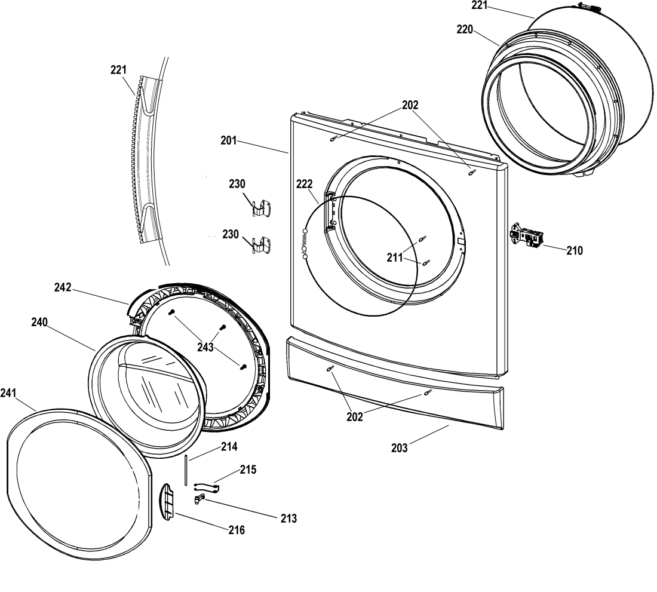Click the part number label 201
tap(229, 141)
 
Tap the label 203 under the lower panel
tap(400, 448)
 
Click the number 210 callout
tap(575, 250)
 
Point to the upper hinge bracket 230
tap(262, 208)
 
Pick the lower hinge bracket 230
tap(262, 245)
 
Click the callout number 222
tap(305, 184)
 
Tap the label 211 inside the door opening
tap(395, 257)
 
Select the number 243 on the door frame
tap(205, 347)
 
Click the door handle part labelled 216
tap(168, 502)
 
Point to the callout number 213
tap(288, 519)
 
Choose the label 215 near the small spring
tap(248, 470)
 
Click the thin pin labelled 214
tap(185, 470)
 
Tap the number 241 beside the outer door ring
tap(8, 393)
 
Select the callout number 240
tap(39, 322)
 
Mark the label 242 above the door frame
tap(63, 287)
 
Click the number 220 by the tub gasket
tap(465, 29)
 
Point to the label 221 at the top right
tap(480, 5)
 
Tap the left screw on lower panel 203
tap(329, 368)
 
